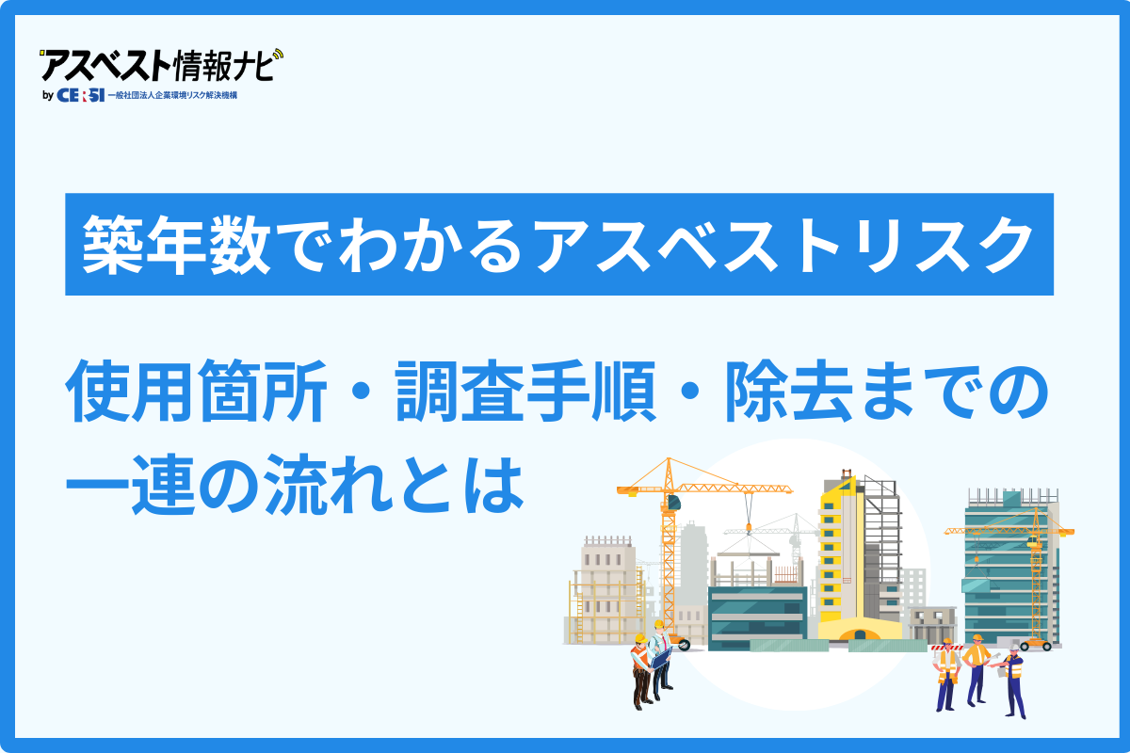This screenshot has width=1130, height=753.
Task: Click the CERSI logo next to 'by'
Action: coord(81,95)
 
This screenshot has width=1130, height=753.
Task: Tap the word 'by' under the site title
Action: coord(48,95)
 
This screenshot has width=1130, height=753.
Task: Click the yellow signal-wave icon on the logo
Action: coord(278,55)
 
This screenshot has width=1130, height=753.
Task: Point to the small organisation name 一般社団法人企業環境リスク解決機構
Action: coord(172,95)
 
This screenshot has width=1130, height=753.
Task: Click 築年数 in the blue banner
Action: coord(177,245)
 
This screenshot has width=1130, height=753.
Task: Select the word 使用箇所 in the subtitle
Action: coord(197,392)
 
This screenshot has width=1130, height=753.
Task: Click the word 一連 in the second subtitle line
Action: coord(131,485)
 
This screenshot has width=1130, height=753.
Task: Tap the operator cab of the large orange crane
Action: coord(674,503)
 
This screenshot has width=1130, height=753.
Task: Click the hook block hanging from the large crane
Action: coord(749,528)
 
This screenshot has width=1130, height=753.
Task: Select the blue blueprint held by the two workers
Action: coord(660,658)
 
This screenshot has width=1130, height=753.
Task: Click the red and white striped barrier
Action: coord(947,648)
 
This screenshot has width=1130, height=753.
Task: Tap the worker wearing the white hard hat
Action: coord(1014,681)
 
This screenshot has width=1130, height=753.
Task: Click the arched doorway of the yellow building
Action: coord(860,634)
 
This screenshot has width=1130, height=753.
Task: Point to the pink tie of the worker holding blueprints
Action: coord(666,644)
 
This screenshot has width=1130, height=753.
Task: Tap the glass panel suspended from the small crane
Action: coord(977,585)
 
